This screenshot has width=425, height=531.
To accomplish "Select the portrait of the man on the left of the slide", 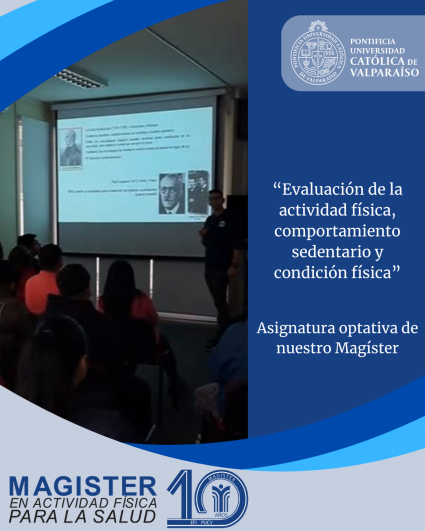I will coord(71,147).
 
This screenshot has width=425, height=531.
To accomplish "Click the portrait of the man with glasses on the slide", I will coord(171,193).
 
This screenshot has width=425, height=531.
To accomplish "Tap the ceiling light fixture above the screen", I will coord(80,77).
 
